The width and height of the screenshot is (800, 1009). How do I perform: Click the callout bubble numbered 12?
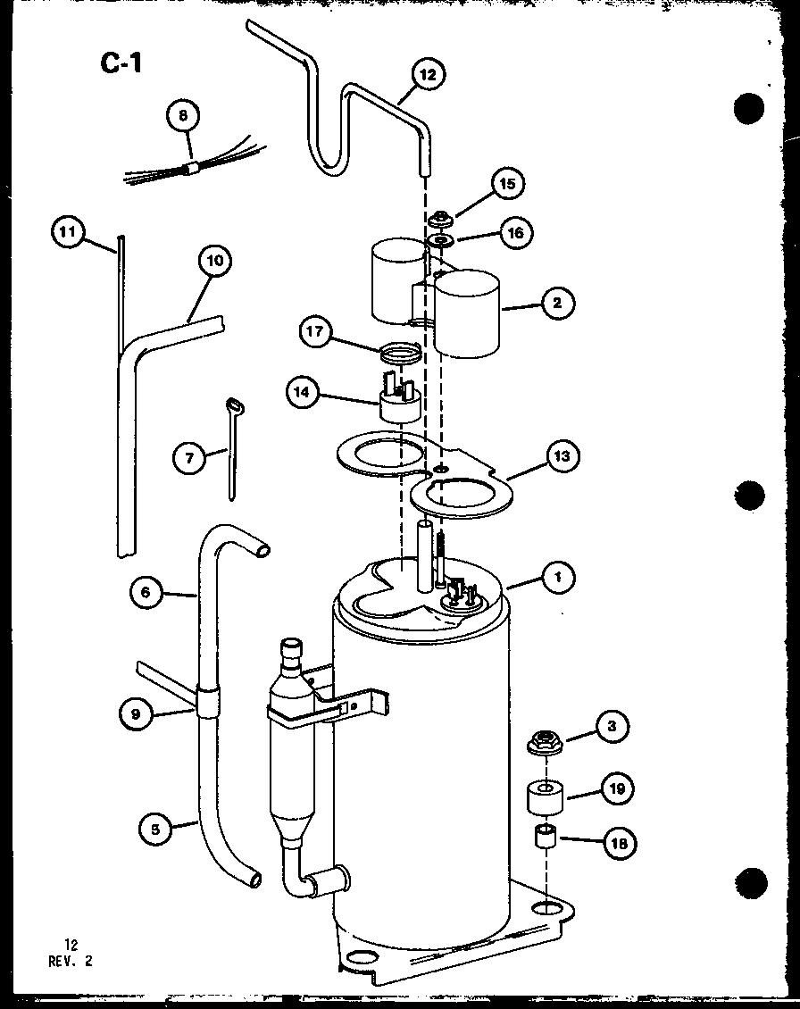[428, 75]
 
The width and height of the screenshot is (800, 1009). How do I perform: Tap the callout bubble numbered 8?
[182, 116]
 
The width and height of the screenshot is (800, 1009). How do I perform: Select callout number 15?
[507, 185]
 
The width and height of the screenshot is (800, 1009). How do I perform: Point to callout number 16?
[516, 234]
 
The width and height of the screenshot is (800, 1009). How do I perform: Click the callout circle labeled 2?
[557, 303]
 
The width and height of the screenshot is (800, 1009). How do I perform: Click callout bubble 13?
[561, 456]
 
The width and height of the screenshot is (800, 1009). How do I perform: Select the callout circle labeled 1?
[558, 578]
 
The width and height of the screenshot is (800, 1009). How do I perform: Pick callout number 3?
[612, 726]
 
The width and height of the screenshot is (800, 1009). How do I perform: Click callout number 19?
[619, 788]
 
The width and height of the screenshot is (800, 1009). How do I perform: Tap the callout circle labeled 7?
[188, 459]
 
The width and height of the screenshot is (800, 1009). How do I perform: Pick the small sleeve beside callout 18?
[545, 840]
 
